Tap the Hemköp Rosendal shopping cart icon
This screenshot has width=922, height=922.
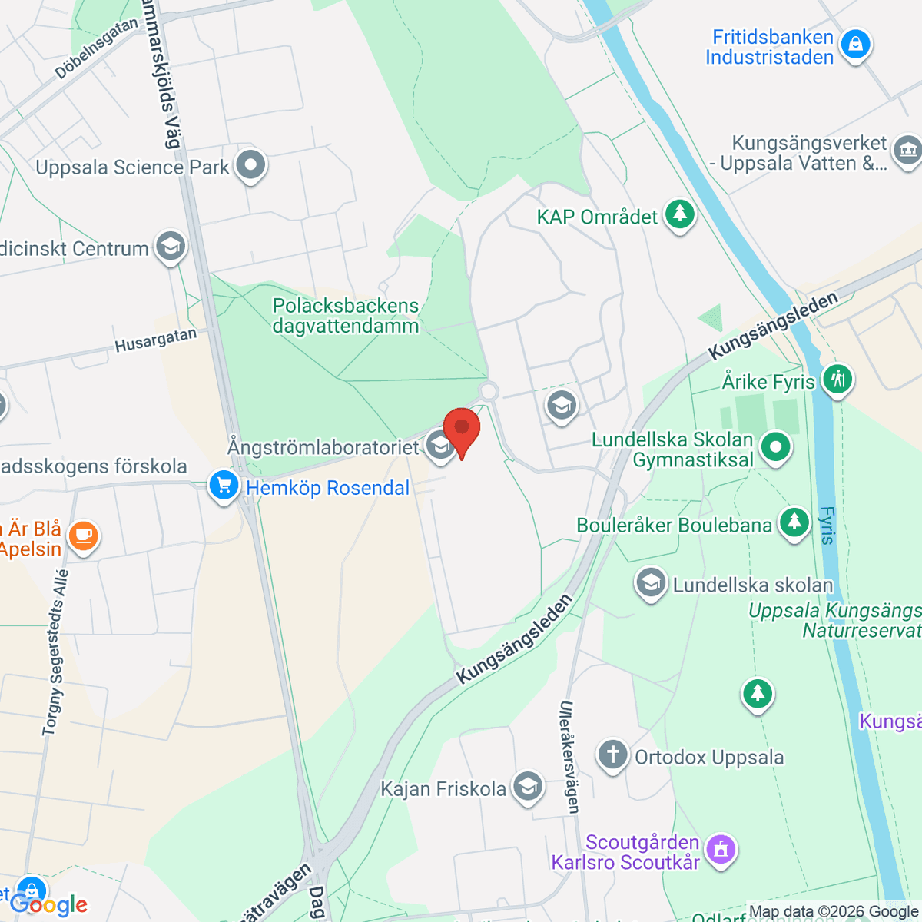(224, 486)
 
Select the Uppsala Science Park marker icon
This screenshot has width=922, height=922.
(250, 164)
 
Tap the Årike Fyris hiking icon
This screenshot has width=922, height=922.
(837, 380)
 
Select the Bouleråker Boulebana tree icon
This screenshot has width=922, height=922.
(794, 523)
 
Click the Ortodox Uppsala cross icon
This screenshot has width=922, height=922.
(612, 755)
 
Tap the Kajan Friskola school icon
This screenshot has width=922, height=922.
(527, 787)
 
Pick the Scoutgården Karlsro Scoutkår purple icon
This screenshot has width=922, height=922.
(720, 851)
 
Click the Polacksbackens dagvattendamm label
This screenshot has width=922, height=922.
(346, 316)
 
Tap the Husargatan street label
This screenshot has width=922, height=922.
(155, 340)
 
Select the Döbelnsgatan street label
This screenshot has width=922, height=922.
(96, 48)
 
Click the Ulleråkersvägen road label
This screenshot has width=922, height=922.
(569, 757)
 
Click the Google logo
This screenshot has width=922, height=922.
(49, 904)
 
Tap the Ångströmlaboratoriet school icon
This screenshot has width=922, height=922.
(440, 446)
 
